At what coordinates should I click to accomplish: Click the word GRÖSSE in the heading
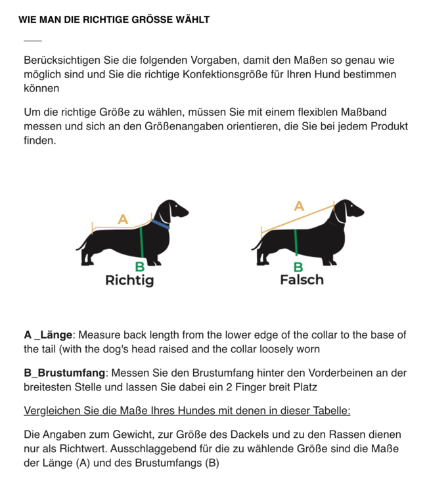click(x=148, y=20)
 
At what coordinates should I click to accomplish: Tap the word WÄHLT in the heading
click(x=191, y=20)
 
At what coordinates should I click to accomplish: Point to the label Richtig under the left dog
click(x=129, y=280)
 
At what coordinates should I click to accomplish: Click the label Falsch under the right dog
click(x=302, y=279)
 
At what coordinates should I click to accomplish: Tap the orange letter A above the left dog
click(x=123, y=220)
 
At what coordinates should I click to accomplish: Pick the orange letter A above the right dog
click(x=299, y=206)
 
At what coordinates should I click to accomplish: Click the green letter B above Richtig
click(x=140, y=267)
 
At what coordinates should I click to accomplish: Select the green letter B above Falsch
click(x=298, y=267)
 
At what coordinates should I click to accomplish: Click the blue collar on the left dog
click(x=161, y=224)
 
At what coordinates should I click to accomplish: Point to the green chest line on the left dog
click(x=141, y=242)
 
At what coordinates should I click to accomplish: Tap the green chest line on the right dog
click(x=296, y=242)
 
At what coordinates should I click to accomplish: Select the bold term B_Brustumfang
click(x=65, y=373)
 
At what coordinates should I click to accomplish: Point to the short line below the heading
click(x=32, y=41)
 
